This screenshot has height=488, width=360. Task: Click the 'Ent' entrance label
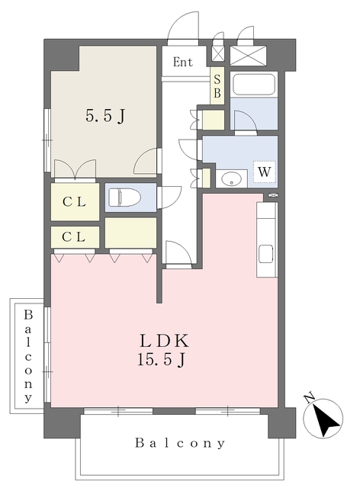183,63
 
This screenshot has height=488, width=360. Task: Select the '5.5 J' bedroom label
104,117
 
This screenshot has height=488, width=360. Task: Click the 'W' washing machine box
264,172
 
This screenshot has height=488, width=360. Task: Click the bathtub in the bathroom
253,84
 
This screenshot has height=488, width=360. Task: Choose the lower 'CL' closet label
74,236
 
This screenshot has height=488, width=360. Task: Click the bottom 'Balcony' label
180,443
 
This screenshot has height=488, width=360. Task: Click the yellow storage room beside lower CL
130,233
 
